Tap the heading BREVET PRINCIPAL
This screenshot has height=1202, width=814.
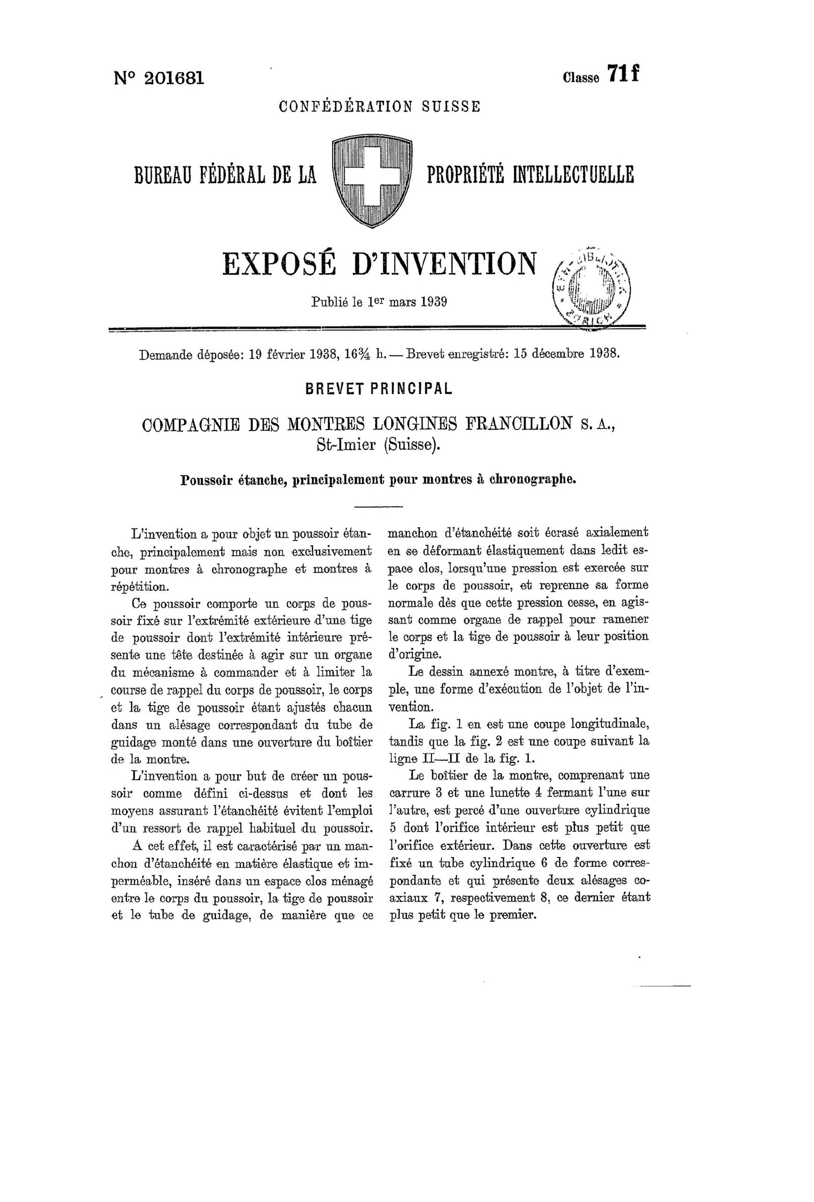point(379,388)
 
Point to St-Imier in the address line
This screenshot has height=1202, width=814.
point(345,444)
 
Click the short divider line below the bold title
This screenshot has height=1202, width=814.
point(379,505)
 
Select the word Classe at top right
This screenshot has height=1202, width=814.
point(582,77)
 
